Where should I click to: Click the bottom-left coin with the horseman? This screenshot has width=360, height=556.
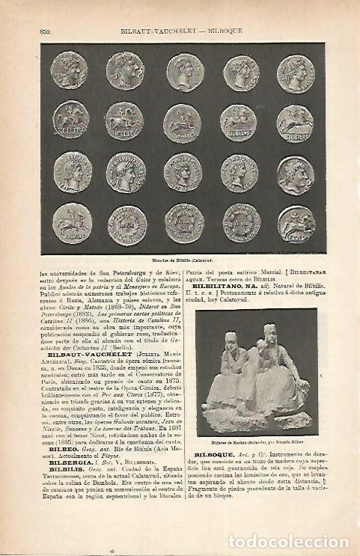click(x=72, y=222)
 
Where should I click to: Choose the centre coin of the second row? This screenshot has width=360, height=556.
click(x=183, y=122)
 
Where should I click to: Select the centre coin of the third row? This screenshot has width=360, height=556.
click(x=183, y=173)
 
